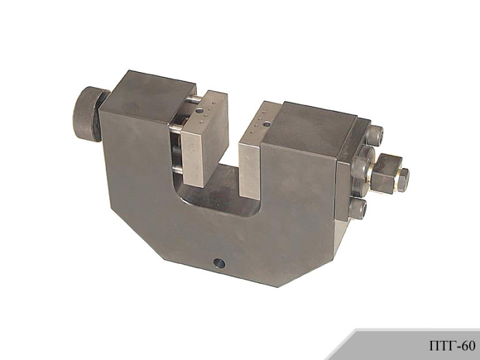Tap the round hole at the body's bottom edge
(x=219, y=263)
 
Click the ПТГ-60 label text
(x=452, y=346)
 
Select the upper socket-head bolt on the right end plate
(x=374, y=135)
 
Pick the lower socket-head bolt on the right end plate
(x=357, y=208)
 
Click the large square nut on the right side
(x=385, y=173)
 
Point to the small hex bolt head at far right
(x=404, y=180)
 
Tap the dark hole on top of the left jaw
(x=200, y=111)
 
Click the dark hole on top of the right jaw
(x=267, y=124)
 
